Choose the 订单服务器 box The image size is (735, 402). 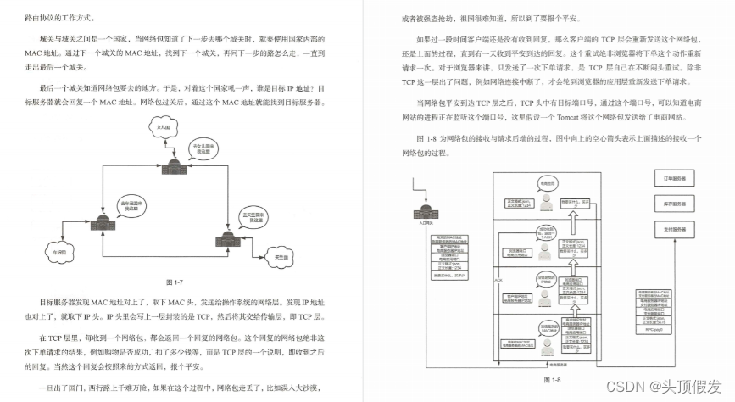pos(675,178)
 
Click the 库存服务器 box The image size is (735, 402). pos(675,204)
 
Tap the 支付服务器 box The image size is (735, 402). pos(675,231)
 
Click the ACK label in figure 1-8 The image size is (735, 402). pos(498,278)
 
